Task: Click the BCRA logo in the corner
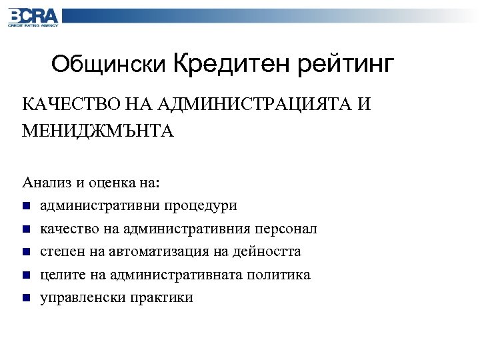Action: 33,17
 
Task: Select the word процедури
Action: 202,205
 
